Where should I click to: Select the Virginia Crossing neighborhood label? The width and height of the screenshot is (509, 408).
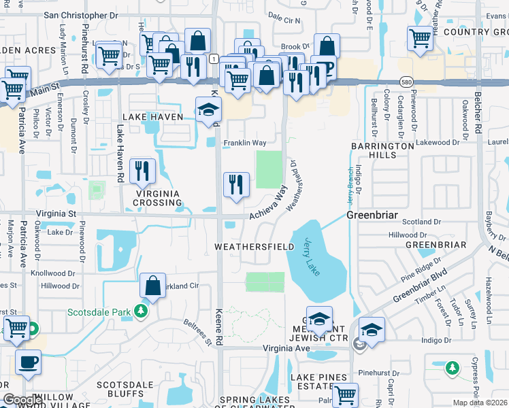[157, 197]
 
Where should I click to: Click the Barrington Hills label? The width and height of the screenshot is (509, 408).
[382, 150]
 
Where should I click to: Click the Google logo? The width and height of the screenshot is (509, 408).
[22, 400]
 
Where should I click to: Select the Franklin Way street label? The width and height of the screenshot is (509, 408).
[245, 143]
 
